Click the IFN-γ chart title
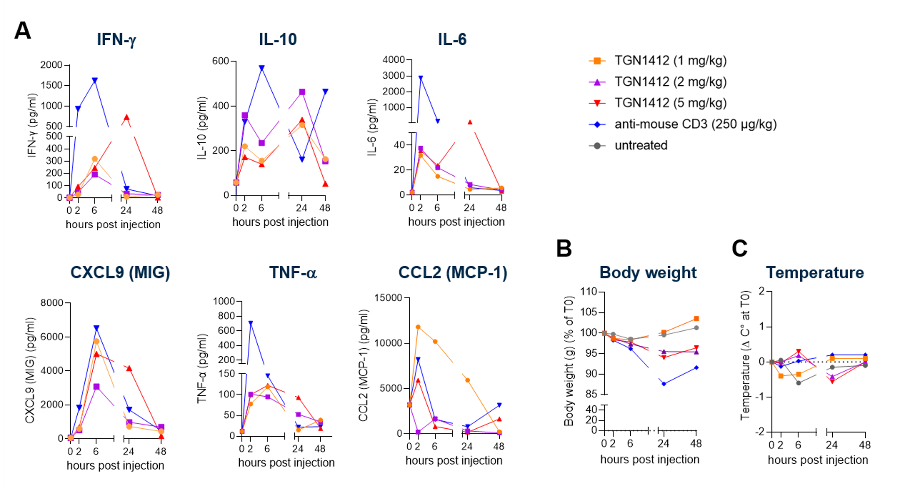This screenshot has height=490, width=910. [116, 40]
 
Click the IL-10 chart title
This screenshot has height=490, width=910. [278, 40]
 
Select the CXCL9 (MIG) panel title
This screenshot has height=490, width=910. [120, 273]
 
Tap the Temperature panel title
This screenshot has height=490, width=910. [815, 273]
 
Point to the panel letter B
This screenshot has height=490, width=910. [564, 248]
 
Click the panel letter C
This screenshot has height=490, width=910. [739, 248]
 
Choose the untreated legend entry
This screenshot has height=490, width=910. [641, 146]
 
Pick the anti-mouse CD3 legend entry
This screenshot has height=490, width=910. [695, 124]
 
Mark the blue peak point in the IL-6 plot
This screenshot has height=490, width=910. [421, 78]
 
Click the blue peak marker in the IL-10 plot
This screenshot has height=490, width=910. [261, 68]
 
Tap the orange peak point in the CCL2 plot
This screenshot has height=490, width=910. [418, 327]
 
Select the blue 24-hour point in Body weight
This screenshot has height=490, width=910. [664, 384]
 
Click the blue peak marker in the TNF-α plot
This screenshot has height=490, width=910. [251, 323]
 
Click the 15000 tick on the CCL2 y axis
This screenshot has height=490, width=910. [389, 298]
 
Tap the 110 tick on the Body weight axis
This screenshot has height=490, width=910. [589, 292]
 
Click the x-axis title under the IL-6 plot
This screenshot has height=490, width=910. [456, 222]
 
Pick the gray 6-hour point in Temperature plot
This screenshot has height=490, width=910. [798, 383]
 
